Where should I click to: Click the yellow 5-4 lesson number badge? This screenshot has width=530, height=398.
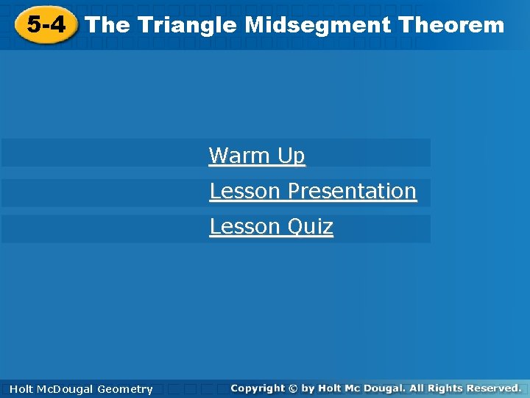[46, 25]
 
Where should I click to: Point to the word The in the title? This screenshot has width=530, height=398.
[107, 25]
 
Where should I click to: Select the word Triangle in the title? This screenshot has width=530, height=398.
[187, 25]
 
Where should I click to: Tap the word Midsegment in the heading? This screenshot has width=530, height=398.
[317, 25]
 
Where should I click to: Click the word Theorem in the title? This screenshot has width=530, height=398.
[451, 25]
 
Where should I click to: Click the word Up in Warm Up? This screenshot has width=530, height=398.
[291, 156]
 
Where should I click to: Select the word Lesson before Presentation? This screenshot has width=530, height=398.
[245, 191]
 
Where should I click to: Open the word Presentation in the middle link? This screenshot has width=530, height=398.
[352, 191]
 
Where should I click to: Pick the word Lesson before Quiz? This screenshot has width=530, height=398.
[245, 226]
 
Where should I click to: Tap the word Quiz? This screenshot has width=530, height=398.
[310, 226]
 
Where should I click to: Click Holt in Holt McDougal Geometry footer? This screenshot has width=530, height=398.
[21, 389]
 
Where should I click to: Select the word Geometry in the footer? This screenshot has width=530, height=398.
[125, 389]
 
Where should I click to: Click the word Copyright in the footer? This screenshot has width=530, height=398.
[257, 388]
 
